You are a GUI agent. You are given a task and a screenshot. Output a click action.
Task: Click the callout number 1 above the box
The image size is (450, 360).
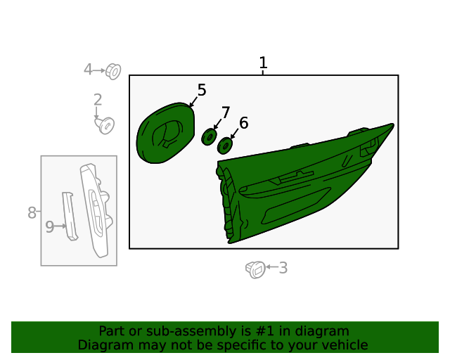263,63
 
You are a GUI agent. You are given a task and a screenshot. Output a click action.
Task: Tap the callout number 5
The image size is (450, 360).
202,90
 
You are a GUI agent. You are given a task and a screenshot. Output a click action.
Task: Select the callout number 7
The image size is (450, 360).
226,112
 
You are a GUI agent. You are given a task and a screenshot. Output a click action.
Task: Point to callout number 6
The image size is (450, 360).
244,123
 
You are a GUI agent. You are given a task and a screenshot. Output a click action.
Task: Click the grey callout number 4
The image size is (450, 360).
88,70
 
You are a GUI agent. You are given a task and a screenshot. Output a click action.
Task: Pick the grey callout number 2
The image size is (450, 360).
98,100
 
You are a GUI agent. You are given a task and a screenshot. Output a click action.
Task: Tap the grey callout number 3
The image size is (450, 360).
283,268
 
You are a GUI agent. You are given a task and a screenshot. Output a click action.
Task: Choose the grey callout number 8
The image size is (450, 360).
32,213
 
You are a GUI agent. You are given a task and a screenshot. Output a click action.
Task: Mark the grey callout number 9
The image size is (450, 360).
50,227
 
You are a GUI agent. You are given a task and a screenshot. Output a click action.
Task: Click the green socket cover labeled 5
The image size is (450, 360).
165,133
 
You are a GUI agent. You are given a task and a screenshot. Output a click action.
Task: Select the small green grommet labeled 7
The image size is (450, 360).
209,137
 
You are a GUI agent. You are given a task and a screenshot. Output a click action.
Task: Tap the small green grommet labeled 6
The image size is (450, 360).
225,146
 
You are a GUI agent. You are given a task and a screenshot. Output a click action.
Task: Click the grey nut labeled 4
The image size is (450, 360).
113,72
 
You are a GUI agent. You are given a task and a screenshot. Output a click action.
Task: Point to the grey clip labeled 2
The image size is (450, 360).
105,125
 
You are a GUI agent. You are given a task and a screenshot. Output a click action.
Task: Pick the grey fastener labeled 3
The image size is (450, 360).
255,269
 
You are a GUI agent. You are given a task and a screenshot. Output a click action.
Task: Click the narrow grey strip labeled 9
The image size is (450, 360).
70,216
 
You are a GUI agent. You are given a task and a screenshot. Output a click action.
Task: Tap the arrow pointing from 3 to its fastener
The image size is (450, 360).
272,267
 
